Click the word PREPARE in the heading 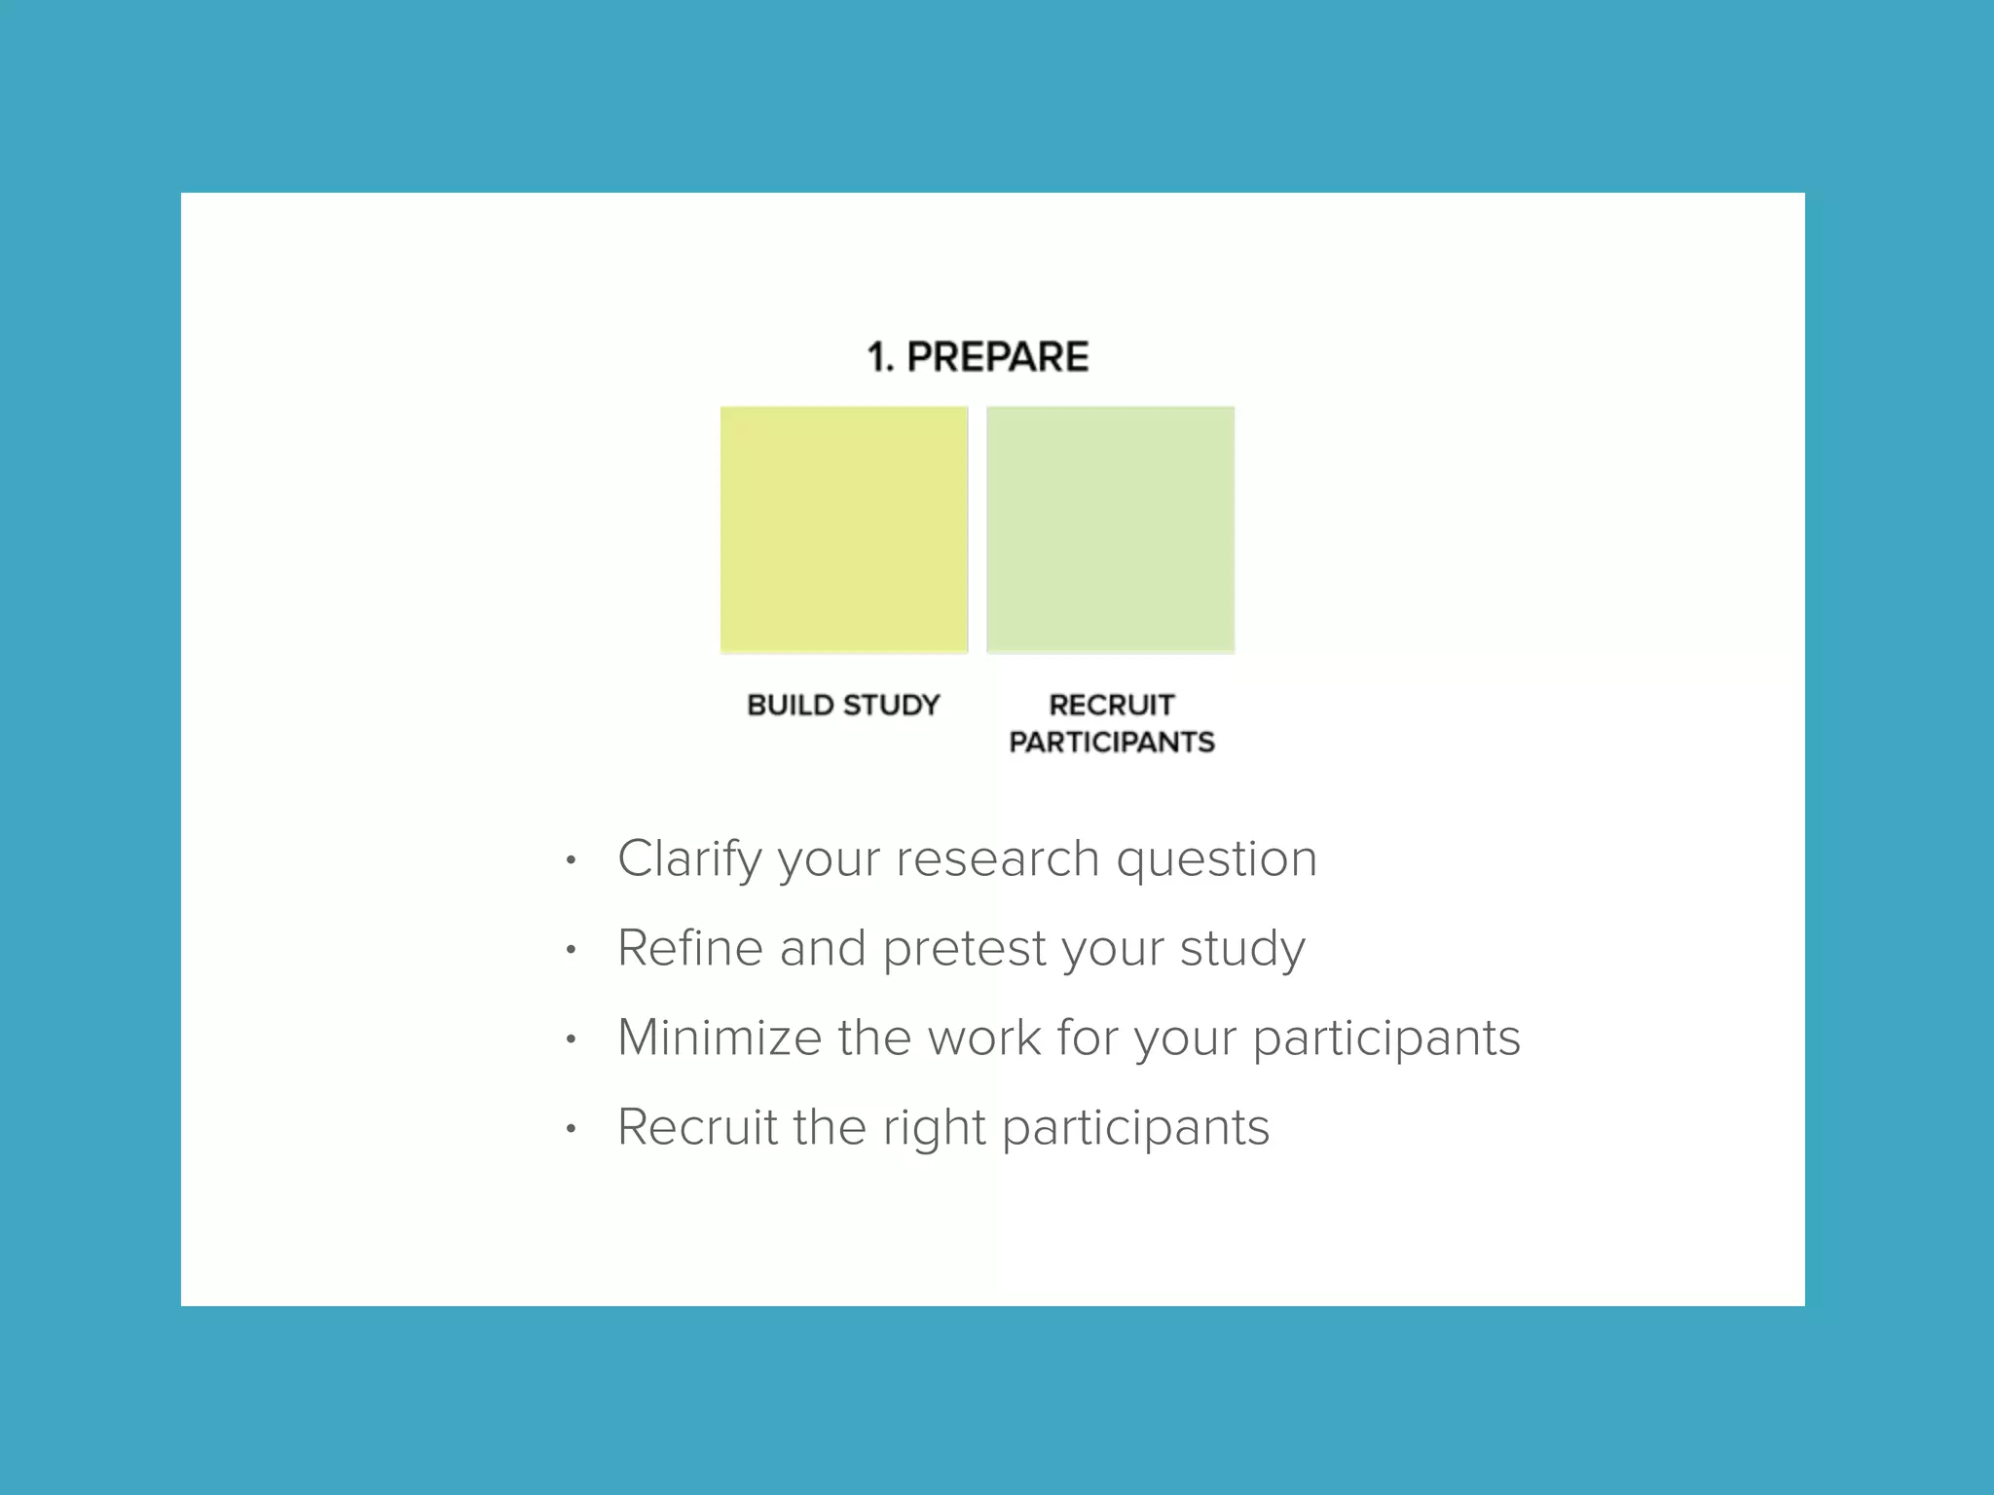[x=997, y=357]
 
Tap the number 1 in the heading [x=877, y=357]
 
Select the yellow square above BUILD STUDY [x=844, y=529]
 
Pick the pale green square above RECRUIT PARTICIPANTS [x=1110, y=529]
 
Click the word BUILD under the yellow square [x=790, y=705]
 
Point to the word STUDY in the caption [x=891, y=705]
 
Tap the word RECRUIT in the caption [x=1111, y=705]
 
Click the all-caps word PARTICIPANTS [x=1111, y=743]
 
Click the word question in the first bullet [x=1216, y=859]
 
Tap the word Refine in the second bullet [x=690, y=948]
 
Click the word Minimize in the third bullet [x=720, y=1038]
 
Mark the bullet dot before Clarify [x=572, y=860]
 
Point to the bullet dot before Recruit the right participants [x=572, y=1129]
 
